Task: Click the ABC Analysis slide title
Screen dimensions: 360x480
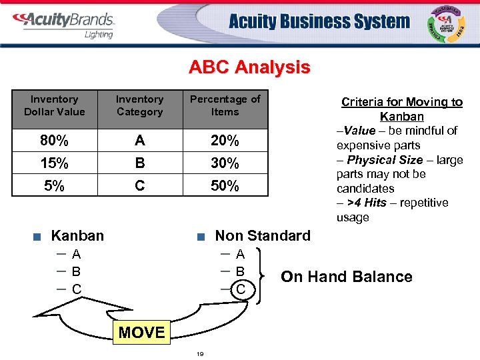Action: (x=249, y=67)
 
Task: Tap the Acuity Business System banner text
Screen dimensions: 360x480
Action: (x=319, y=22)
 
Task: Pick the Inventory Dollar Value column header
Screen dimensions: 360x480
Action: (x=55, y=105)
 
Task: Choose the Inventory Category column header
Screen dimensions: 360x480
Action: (x=139, y=105)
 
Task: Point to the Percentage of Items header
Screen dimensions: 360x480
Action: (x=225, y=105)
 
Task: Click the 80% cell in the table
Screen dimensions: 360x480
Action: (x=55, y=141)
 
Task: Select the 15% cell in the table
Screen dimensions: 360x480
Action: (x=55, y=163)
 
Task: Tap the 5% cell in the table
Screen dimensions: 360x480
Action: (x=55, y=186)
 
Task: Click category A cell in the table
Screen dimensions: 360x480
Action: (x=139, y=141)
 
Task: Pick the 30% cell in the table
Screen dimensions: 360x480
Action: (x=225, y=163)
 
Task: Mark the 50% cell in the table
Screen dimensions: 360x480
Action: (x=225, y=186)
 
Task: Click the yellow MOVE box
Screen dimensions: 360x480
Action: (x=142, y=332)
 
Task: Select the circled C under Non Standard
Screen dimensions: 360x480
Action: (x=241, y=289)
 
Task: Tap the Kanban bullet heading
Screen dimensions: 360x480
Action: (x=77, y=235)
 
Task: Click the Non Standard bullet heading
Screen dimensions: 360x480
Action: (x=263, y=235)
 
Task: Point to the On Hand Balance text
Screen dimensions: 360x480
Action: (x=347, y=277)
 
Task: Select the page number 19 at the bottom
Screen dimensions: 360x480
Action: (x=200, y=354)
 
